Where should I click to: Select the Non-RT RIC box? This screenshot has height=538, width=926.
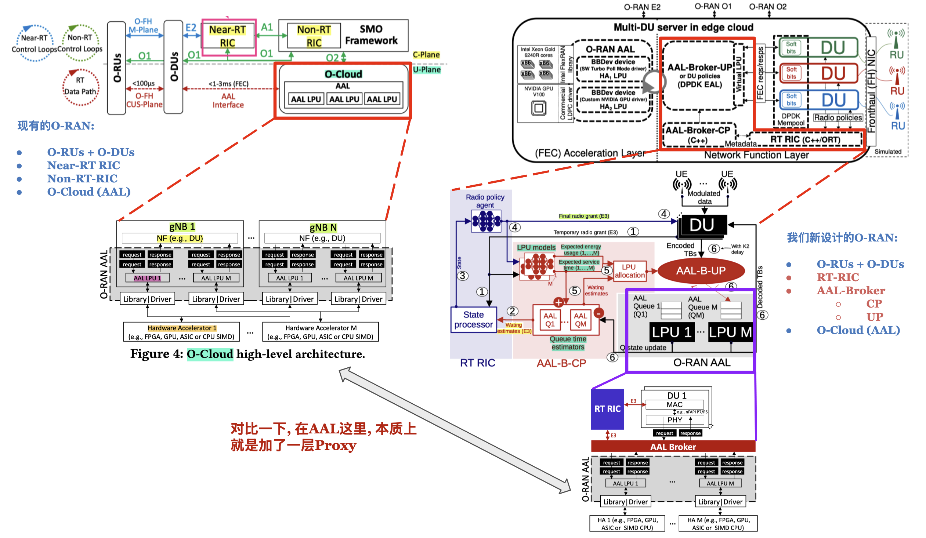tap(314, 36)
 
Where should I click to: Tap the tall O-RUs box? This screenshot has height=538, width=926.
tap(116, 68)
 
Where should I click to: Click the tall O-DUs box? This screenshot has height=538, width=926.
tap(173, 67)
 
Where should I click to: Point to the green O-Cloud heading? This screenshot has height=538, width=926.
tap(343, 74)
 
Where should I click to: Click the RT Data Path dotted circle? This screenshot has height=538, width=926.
tap(80, 87)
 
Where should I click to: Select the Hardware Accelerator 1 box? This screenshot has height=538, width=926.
tap(181, 332)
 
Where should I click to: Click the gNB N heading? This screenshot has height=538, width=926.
tap(323, 228)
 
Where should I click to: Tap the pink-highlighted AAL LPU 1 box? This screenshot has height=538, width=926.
tap(147, 278)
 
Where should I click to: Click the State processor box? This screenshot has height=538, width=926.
tap(473, 320)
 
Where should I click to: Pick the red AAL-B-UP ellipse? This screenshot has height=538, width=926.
tap(701, 271)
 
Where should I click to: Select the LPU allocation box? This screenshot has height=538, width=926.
tap(629, 271)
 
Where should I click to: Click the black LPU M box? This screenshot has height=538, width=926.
tap(730, 332)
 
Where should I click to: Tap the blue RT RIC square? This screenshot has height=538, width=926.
tap(607, 409)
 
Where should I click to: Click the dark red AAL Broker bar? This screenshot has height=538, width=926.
tap(673, 447)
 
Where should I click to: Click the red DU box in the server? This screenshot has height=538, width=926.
tap(833, 73)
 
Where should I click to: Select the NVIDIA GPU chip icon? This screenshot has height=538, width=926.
tap(538, 108)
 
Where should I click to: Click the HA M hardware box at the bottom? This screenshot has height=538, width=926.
tap(718, 524)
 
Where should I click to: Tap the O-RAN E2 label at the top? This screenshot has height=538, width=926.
tap(642, 7)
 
